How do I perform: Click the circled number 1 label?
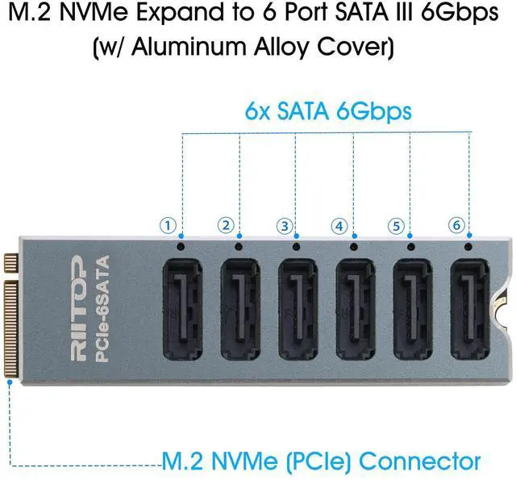[167, 226]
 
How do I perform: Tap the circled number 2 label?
[226, 226]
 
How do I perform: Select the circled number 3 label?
[283, 226]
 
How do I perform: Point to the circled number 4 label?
[341, 226]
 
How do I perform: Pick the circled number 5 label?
[395, 226]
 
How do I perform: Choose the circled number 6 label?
[457, 226]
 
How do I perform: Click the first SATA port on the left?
[184, 310]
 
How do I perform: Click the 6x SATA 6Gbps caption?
[327, 111]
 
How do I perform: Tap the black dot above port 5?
[411, 245]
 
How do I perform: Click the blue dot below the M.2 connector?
[9, 383]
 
